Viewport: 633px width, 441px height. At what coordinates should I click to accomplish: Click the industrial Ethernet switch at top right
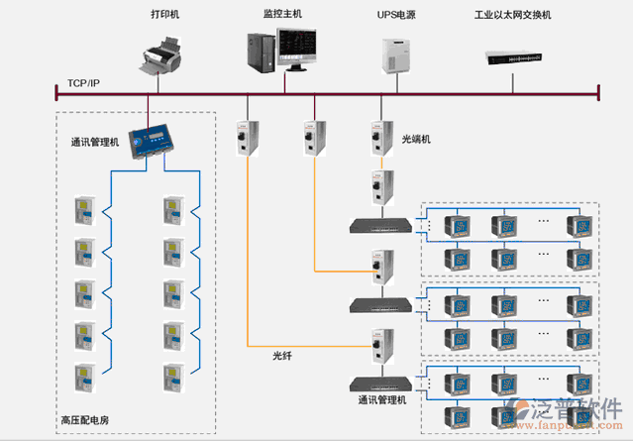515,56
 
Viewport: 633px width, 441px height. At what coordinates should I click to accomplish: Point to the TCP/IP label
83,82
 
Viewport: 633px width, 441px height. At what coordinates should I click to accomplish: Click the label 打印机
166,15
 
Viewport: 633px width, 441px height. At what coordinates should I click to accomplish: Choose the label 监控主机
283,15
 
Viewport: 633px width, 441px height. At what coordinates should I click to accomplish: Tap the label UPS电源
398,15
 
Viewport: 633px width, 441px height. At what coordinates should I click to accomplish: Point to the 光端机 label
416,140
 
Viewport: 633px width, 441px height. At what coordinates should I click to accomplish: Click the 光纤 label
283,355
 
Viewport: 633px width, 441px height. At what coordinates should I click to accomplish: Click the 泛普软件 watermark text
576,410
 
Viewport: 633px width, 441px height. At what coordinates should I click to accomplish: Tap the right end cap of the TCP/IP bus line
598,93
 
